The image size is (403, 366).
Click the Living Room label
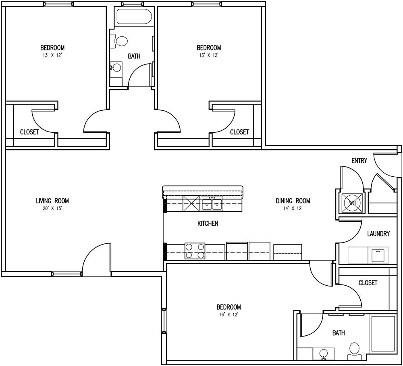point(52,201)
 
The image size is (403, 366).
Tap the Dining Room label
point(293,201)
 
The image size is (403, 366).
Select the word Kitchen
point(208,223)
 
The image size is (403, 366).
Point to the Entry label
point(359,161)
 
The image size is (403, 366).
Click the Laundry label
point(378,234)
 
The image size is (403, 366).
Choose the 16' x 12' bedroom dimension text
point(229,314)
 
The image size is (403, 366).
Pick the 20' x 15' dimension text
point(52,209)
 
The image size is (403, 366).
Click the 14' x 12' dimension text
point(293,209)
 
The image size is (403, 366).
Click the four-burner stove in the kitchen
point(195,251)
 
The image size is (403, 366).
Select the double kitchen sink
point(212,204)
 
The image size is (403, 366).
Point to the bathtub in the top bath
point(134,17)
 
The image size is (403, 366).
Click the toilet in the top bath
point(120,40)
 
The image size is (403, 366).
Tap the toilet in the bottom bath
point(355,349)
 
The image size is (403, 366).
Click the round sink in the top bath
point(117,67)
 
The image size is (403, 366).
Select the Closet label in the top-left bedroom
point(29,132)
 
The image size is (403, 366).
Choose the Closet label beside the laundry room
point(368,283)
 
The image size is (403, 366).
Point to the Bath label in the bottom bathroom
point(339,333)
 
